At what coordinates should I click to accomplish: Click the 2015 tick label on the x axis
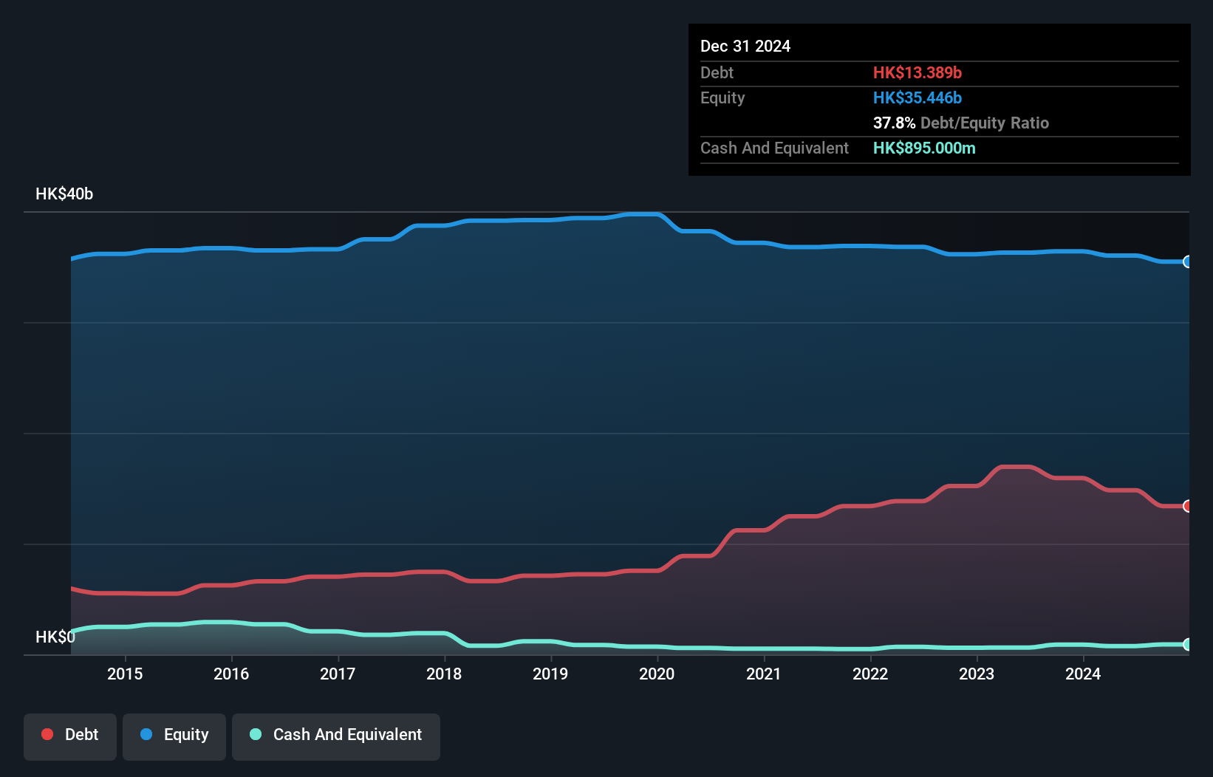point(125,674)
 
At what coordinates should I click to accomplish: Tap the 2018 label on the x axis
point(444,674)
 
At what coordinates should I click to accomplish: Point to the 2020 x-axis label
point(657,674)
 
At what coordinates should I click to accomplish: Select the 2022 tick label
point(870,674)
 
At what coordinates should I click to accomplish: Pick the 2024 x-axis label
point(1083,674)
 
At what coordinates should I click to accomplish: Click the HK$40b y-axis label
point(64,194)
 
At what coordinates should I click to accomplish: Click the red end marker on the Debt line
point(1187,506)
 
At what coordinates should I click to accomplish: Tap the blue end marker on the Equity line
point(1187,261)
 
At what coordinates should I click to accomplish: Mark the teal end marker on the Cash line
point(1187,644)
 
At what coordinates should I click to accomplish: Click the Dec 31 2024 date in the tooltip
point(745,46)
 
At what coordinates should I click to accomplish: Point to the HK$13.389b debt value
point(917,72)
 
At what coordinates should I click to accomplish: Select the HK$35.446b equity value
point(917,97)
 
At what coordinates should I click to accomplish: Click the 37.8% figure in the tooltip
point(894,123)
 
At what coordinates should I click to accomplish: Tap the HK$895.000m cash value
point(923,148)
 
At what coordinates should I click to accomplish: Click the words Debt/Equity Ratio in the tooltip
point(984,123)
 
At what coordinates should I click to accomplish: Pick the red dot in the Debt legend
point(47,734)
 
